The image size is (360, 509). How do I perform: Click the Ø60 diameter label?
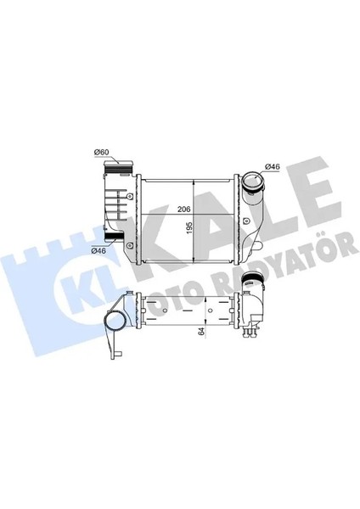(x=102, y=152)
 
